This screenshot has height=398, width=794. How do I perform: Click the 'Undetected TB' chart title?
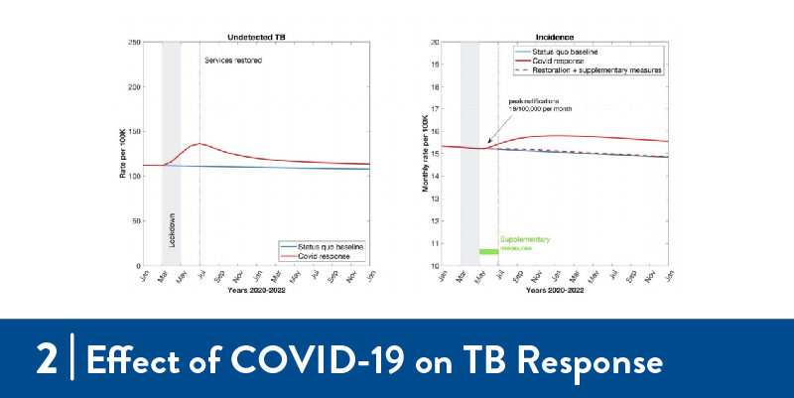(257, 36)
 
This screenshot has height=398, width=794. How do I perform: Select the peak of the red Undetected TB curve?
(199, 144)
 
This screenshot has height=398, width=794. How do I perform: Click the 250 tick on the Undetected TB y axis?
(133, 43)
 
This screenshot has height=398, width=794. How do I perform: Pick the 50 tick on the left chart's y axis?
(135, 221)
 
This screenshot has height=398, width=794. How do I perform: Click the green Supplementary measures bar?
(488, 252)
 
